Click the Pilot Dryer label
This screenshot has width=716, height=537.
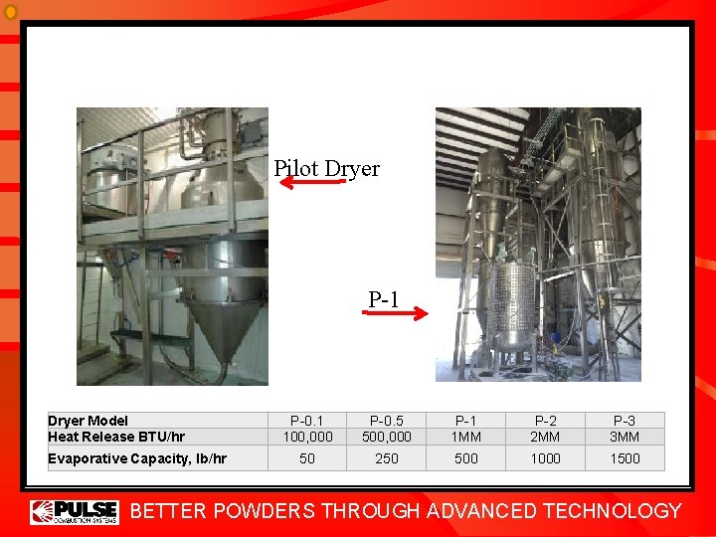click(326, 168)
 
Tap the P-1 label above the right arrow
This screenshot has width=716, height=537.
click(384, 298)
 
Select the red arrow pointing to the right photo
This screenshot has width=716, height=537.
click(394, 312)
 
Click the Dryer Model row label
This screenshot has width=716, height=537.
click(88, 421)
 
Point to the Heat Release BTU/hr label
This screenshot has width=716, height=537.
click(116, 436)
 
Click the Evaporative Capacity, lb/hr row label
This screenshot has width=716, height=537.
click(137, 458)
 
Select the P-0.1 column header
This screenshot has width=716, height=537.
click(307, 421)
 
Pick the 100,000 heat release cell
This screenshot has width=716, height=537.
click(307, 436)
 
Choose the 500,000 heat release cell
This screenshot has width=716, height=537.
click(386, 436)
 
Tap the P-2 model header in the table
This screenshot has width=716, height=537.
click(545, 421)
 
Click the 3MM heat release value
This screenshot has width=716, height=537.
click(625, 436)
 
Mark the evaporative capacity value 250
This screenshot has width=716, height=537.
click(386, 458)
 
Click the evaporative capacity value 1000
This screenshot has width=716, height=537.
click(545, 458)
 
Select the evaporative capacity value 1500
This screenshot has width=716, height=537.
click(625, 458)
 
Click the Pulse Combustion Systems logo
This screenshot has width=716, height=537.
click(75, 511)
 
